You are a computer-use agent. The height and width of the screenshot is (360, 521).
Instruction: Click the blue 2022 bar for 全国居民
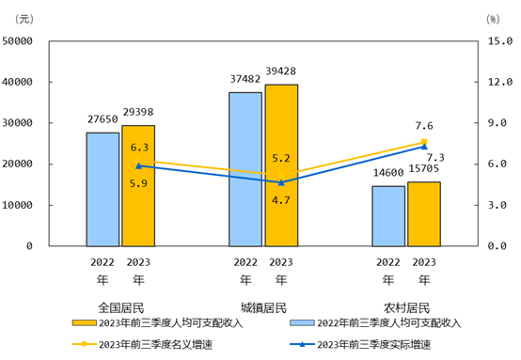coord(103,189)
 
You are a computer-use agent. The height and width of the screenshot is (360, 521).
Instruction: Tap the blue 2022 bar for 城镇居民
coord(245,169)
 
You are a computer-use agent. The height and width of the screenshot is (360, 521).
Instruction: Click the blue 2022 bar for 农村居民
coord(388,215)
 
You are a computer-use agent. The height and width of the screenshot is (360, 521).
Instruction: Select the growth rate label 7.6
coord(423,126)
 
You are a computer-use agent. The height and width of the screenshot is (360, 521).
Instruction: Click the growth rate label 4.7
coord(280,200)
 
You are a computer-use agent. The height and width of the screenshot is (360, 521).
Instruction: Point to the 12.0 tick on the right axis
coord(497,83)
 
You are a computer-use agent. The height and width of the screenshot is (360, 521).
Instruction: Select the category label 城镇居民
coord(263,306)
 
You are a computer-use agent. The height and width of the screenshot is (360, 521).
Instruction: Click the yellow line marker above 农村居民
coord(424,142)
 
